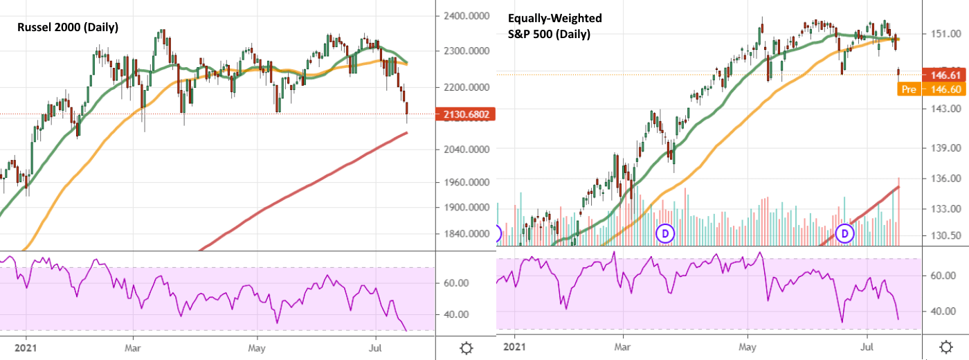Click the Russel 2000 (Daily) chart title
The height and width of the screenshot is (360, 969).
(67, 28)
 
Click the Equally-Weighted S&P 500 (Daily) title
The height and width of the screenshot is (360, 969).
(554, 26)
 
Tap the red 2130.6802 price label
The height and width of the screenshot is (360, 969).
(466, 114)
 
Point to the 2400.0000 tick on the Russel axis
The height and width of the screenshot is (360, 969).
(466, 15)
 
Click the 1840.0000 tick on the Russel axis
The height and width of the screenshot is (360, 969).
(466, 233)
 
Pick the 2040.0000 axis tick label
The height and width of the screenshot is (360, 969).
(466, 149)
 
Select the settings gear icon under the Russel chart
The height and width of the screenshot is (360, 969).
(466, 348)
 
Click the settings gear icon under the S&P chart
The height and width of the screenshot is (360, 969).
(946, 348)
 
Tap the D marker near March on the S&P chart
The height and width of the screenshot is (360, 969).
(665, 233)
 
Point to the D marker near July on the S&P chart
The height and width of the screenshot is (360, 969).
(845, 233)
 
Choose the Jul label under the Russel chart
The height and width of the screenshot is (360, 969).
(377, 343)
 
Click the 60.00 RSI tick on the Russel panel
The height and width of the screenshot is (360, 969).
(456, 283)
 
